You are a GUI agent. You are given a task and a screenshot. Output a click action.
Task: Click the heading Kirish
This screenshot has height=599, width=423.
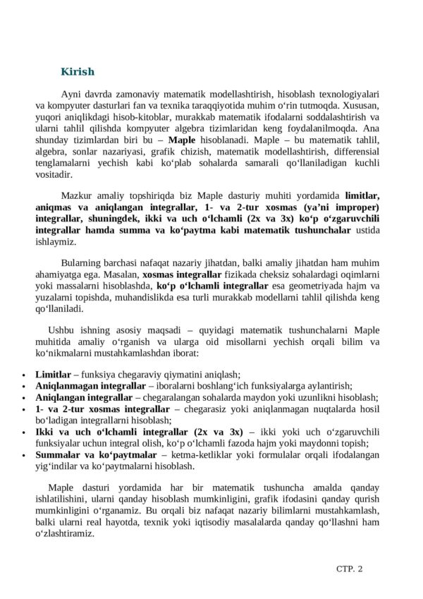coord(78,71)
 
